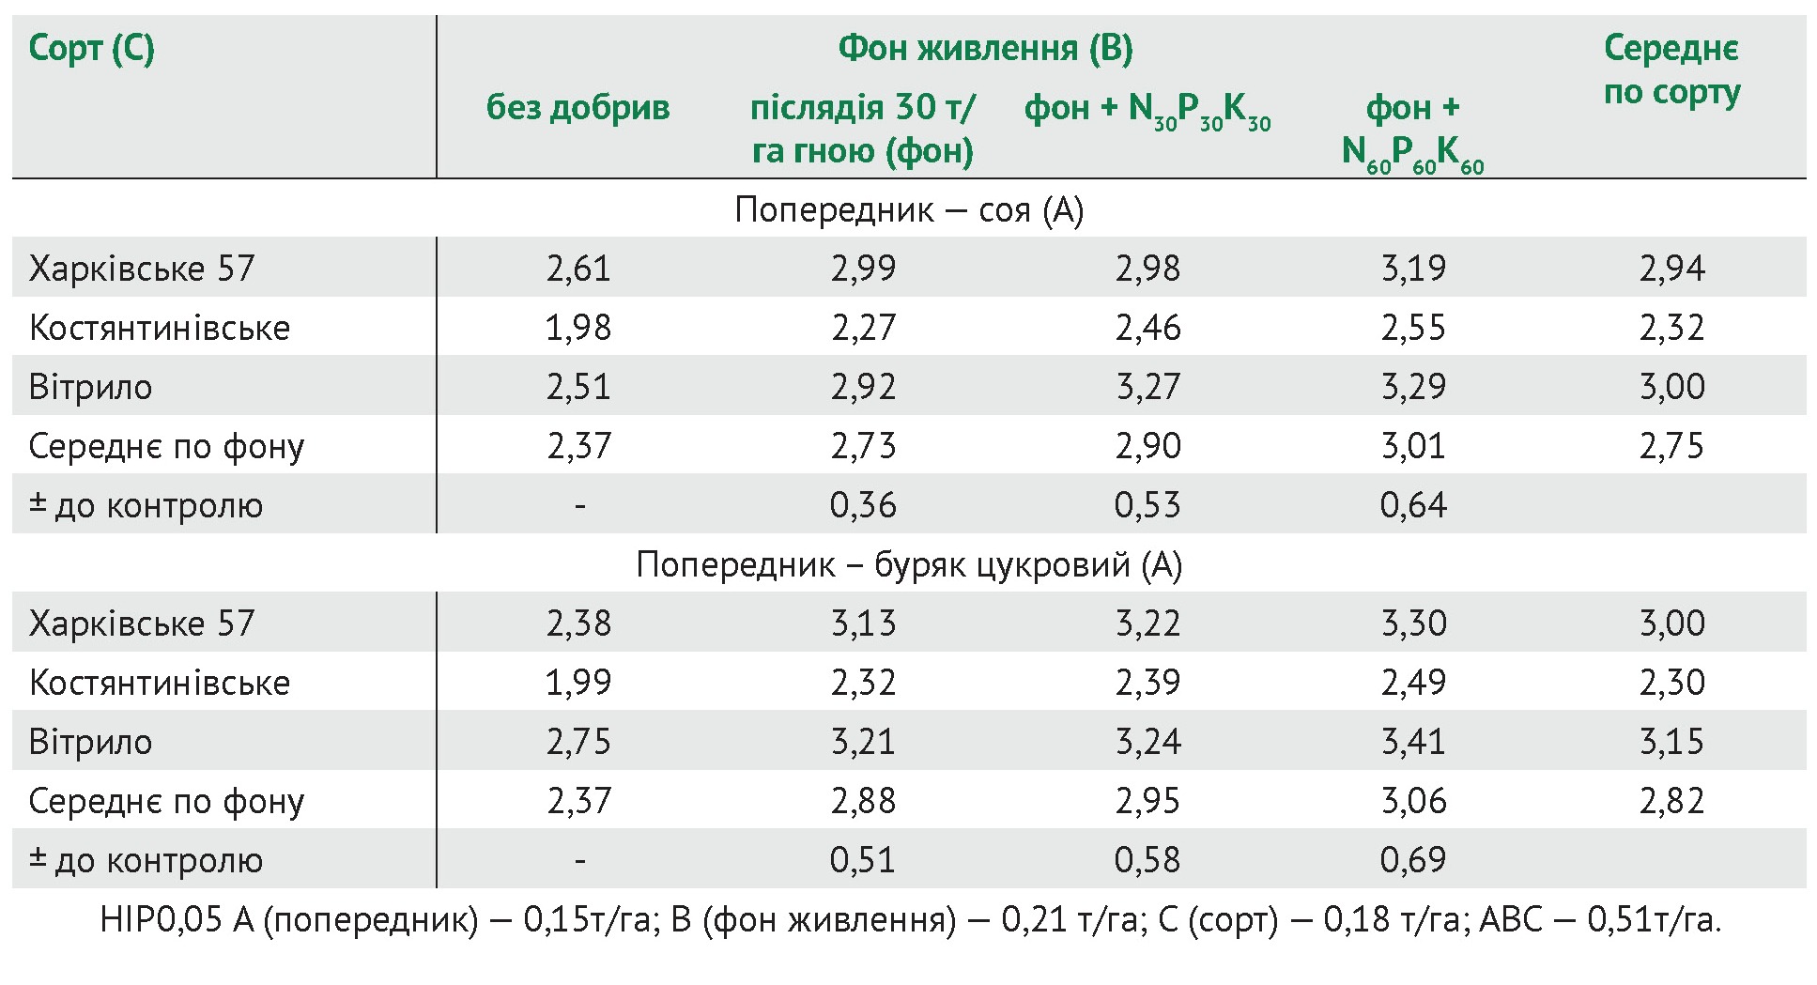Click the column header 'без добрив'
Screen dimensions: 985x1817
click(x=577, y=108)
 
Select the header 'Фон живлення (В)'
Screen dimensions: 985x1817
click(x=985, y=48)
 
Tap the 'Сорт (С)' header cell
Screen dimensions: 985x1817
click(x=91, y=48)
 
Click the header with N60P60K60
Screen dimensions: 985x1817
click(x=1412, y=131)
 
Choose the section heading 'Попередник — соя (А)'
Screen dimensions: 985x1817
click(x=909, y=209)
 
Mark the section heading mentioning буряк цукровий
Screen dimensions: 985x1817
click(x=909, y=564)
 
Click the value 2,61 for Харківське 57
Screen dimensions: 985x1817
click(x=578, y=269)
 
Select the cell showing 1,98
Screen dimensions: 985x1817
click(x=578, y=328)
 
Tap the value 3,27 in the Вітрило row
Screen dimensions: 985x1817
click(x=1147, y=387)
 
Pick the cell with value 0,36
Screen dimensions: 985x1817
click(x=863, y=505)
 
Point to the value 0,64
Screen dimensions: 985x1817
click(x=1413, y=505)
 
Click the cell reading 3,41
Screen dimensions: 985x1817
click(x=1413, y=742)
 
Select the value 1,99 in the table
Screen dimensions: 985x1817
click(x=578, y=683)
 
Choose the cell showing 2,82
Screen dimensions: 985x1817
click(x=1671, y=801)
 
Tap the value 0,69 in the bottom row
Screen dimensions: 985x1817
click(x=1413, y=860)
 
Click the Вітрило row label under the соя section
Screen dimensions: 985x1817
click(x=90, y=387)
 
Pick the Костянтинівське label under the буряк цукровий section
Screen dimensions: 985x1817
click(x=160, y=683)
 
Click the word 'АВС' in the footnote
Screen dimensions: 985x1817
click(x=1510, y=920)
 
